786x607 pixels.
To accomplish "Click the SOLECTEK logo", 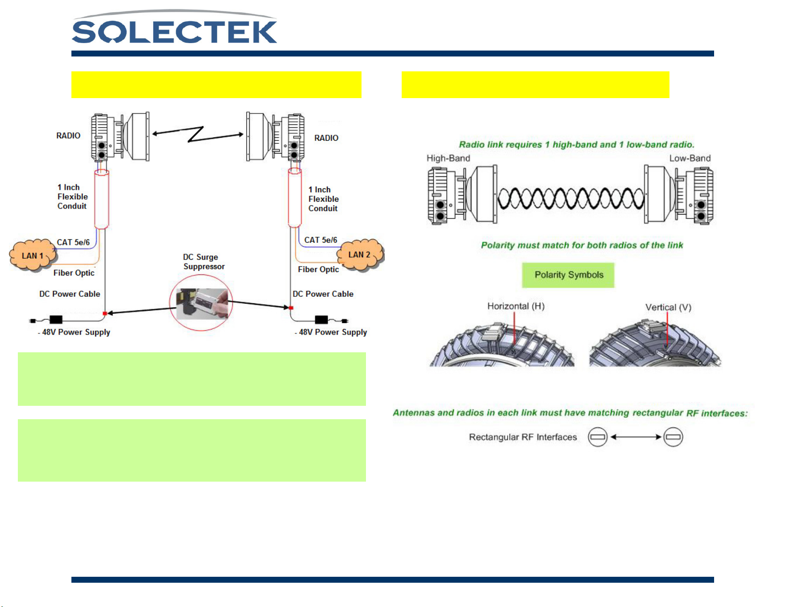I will click(175, 30).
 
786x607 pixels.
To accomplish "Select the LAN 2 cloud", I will click(360, 255).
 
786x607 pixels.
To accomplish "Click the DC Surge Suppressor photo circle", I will click(201, 303).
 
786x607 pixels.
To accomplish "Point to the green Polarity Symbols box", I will click(568, 275).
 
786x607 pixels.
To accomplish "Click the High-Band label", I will click(448, 159).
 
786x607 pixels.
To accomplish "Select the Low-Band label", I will click(690, 159).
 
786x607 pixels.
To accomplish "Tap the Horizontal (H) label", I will click(516, 306).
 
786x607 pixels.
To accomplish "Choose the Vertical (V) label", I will click(668, 307).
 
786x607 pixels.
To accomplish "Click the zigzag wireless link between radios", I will click(198, 134).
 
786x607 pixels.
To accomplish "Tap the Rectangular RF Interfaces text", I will click(523, 437).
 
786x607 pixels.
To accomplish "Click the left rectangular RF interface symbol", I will click(598, 437).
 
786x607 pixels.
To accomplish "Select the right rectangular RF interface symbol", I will click(673, 437).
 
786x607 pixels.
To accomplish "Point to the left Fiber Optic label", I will click(74, 273).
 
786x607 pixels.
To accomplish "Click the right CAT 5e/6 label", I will click(321, 240).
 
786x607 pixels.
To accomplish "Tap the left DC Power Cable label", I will click(70, 294).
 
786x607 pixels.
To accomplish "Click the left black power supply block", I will click(56, 320).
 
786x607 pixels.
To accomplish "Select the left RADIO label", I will click(68, 136).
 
